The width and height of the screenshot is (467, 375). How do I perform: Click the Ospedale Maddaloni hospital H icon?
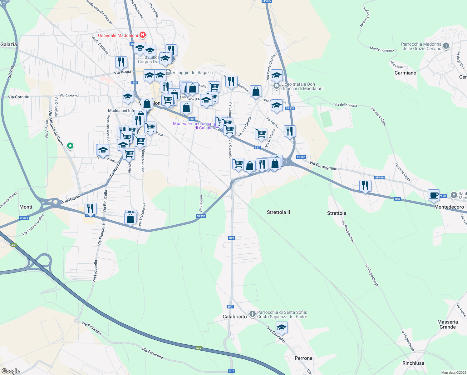[142, 35]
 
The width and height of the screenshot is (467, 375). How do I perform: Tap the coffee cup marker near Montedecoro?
[434, 195]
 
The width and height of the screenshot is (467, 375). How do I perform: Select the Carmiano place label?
[405, 73]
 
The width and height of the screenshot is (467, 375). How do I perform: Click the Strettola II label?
[278, 212]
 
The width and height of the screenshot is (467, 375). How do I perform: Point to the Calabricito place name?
[234, 317]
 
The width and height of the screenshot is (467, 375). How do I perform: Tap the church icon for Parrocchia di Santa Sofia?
[252, 313]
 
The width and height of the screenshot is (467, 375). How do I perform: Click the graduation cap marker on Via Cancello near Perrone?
[282, 328]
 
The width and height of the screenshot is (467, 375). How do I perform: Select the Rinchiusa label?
[413, 363]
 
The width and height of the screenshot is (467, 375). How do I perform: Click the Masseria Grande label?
[447, 324]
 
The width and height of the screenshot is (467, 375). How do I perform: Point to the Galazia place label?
[9, 44]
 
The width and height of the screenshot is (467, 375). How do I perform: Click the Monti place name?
[26, 207]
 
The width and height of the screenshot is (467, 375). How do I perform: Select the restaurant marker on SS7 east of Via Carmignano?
[365, 186]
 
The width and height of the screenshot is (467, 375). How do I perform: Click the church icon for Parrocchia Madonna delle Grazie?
[446, 46]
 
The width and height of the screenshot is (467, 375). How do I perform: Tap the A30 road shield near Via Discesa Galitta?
[13, 245]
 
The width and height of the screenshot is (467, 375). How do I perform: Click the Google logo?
[11, 371]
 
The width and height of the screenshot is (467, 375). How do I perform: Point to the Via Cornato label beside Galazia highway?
[19, 97]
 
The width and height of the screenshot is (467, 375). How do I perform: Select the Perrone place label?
[303, 358]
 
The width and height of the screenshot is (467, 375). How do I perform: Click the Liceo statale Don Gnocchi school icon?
[276, 86]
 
